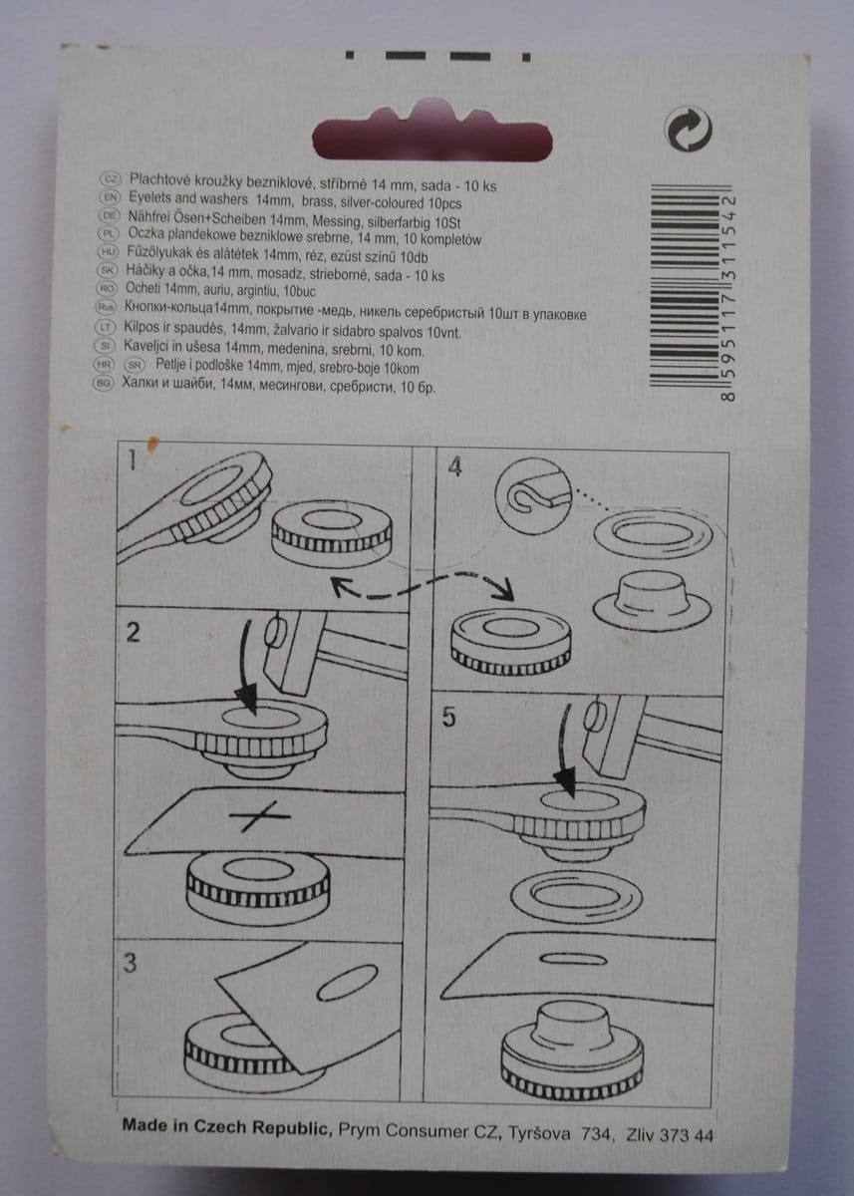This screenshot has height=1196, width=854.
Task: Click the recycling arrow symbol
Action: click(x=689, y=130)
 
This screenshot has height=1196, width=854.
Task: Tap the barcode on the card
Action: click(x=693, y=294)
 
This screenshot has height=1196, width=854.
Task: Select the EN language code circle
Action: click(x=110, y=197)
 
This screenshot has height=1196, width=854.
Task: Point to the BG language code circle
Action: click(x=103, y=383)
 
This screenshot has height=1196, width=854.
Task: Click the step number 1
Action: click(x=132, y=459)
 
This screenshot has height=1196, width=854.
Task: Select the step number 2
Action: click(x=132, y=632)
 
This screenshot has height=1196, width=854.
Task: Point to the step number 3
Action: click(x=131, y=963)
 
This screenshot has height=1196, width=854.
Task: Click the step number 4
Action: click(x=454, y=467)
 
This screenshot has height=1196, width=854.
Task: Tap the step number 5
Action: click(x=448, y=717)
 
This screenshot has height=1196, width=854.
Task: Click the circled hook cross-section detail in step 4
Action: click(x=534, y=495)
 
